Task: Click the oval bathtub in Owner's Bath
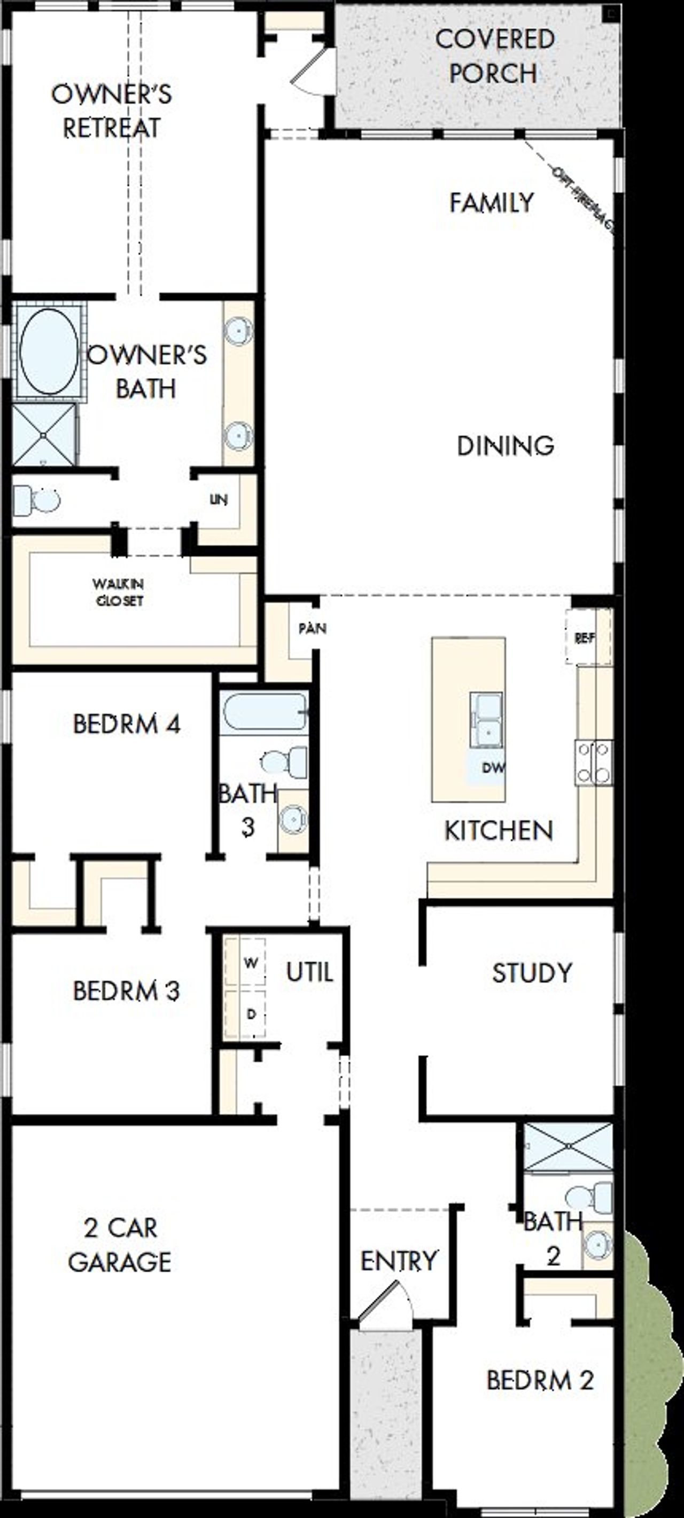pyautogui.click(x=48, y=351)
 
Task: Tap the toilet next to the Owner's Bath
pyautogui.click(x=36, y=500)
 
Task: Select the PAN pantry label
pyautogui.click(x=312, y=628)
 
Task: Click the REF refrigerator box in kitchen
pyautogui.click(x=585, y=638)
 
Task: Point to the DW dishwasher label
pyautogui.click(x=493, y=768)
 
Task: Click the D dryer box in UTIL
pyautogui.click(x=250, y=1014)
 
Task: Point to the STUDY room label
pyautogui.click(x=532, y=973)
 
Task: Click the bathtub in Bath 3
pyautogui.click(x=263, y=712)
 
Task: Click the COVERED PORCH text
pyautogui.click(x=494, y=57)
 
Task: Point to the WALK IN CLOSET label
pyautogui.click(x=118, y=592)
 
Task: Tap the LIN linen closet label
pyautogui.click(x=218, y=500)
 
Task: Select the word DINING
pyautogui.click(x=506, y=445)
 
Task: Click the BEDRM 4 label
pyautogui.click(x=126, y=723)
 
